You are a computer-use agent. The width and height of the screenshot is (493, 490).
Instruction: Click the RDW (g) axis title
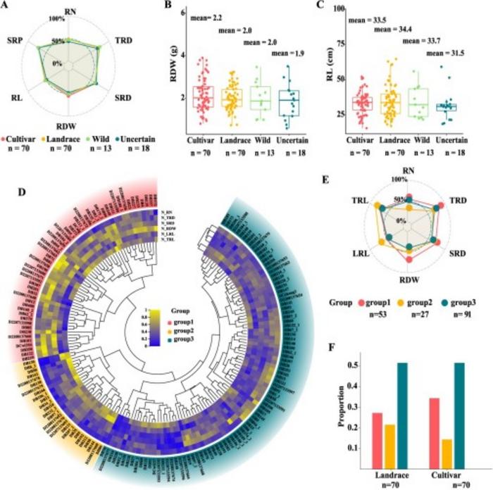pyautogui.click(x=172, y=74)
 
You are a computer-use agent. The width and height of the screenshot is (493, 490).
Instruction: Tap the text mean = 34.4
pyautogui.click(x=394, y=30)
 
